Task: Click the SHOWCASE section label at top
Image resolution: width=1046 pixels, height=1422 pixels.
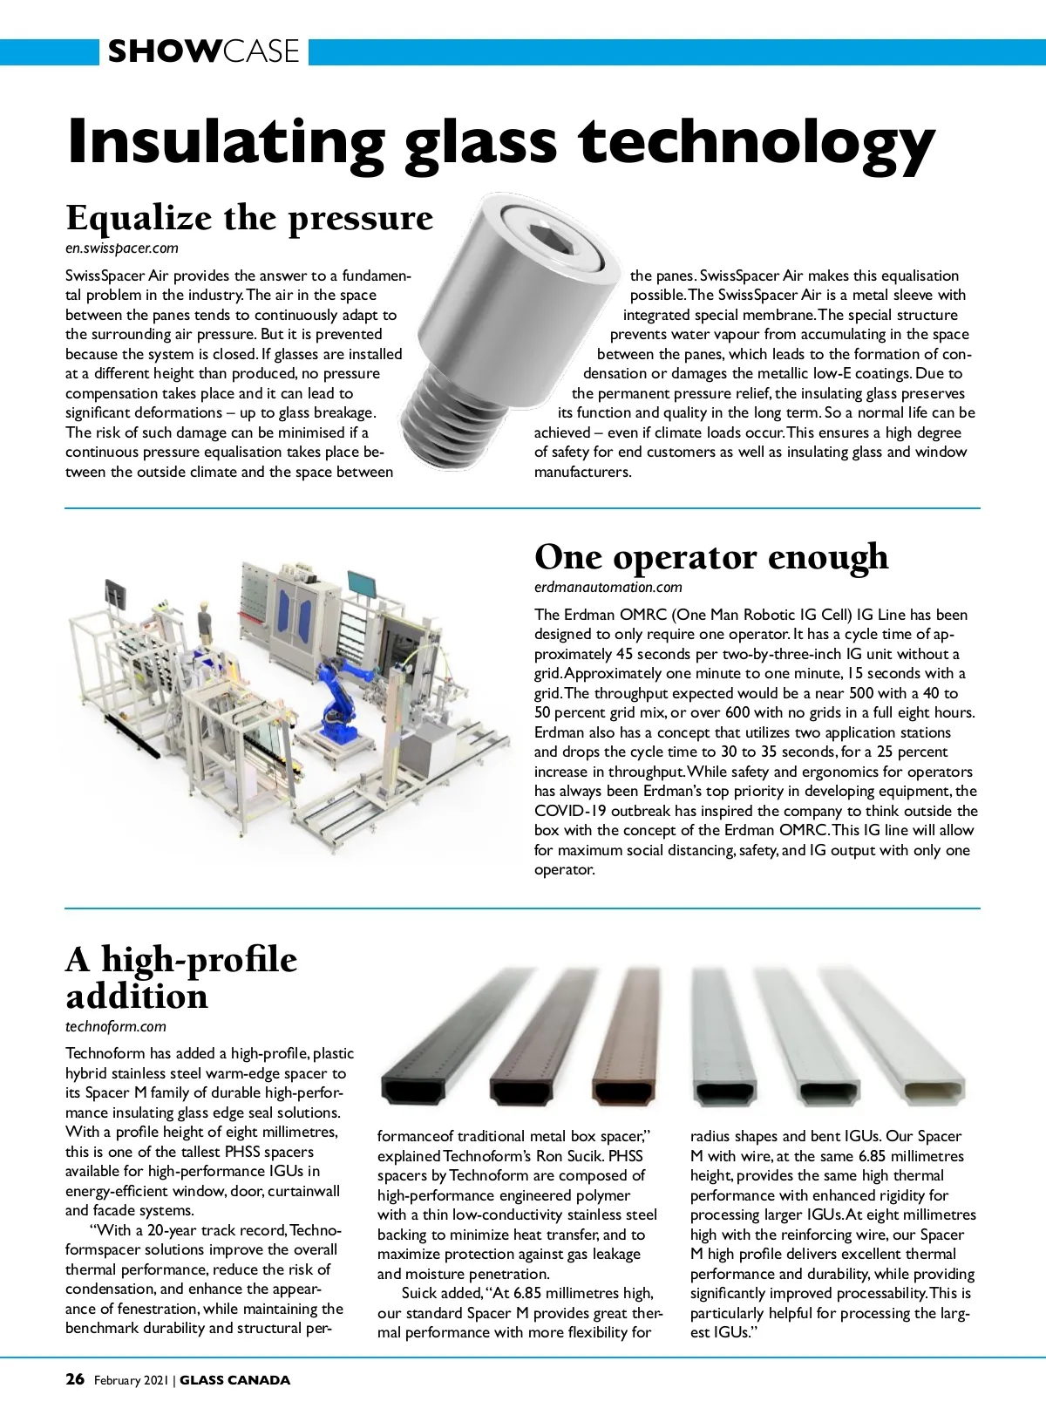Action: pos(203,51)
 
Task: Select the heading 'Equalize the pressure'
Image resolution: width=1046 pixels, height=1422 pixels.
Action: pos(249,218)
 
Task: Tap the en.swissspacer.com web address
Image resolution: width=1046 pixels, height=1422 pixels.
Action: pos(122,248)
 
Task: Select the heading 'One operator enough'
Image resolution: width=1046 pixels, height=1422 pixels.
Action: pos(711,557)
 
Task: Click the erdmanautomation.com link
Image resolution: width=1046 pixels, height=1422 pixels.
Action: pos(608,587)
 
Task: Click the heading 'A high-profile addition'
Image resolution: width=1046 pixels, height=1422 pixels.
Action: pos(180,977)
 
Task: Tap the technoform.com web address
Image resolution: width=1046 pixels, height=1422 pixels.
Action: pos(116,1026)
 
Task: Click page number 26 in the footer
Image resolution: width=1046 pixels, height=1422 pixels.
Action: pos(75,1379)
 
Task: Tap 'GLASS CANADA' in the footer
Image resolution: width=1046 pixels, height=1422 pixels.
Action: pos(234,1380)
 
